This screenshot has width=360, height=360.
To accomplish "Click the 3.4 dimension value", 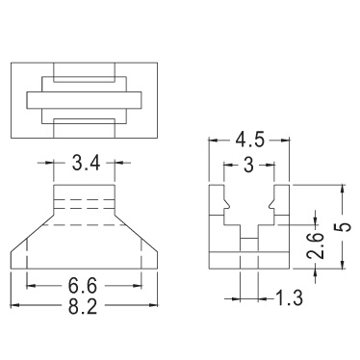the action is click(x=86, y=164).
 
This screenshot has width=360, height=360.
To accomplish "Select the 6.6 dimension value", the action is click(x=82, y=285).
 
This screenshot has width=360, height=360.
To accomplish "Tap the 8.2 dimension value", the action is click(x=82, y=305).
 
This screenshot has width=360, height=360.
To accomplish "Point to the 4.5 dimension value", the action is click(x=249, y=141).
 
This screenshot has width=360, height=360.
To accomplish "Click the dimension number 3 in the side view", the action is click(x=248, y=165).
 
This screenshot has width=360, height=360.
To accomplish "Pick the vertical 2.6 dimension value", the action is click(x=316, y=245).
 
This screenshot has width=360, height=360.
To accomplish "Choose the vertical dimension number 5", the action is click(x=344, y=227).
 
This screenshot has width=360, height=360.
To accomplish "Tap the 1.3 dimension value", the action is click(x=290, y=298).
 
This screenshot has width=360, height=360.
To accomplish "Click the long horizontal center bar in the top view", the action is click(x=84, y=100).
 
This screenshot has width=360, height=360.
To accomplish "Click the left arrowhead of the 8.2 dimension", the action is click(x=15, y=305).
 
